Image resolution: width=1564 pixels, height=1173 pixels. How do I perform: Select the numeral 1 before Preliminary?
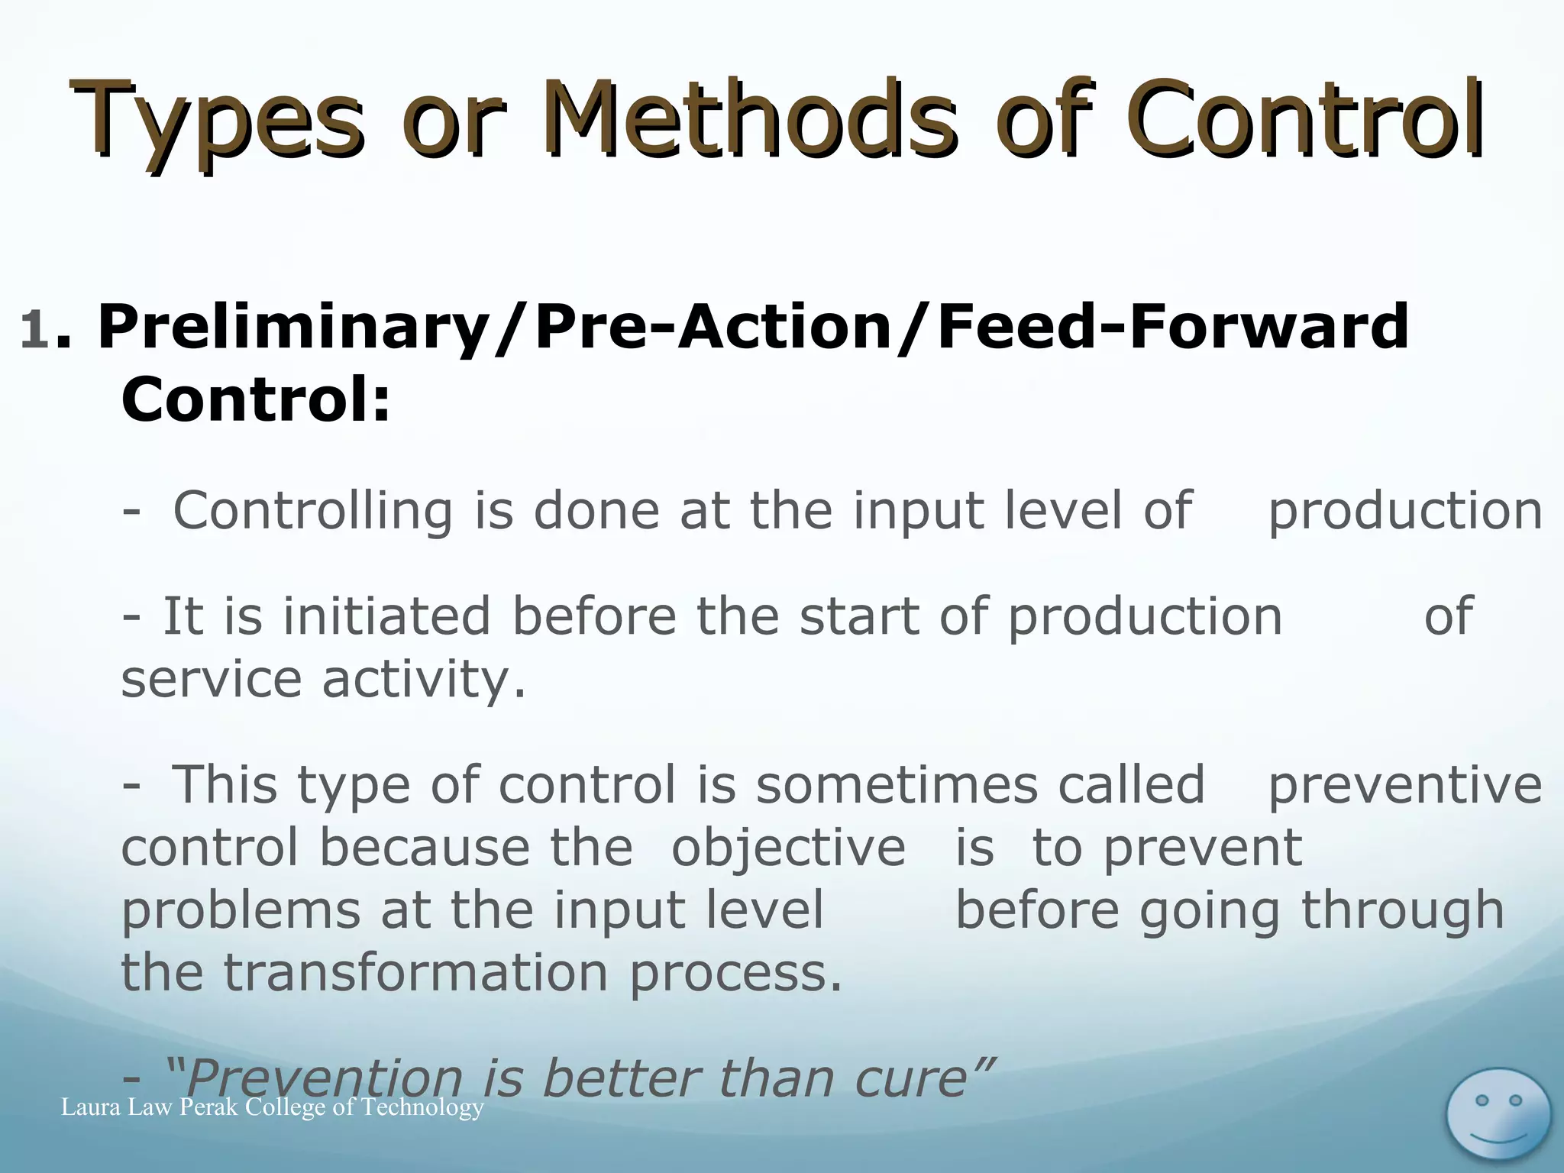pyautogui.click(x=35, y=330)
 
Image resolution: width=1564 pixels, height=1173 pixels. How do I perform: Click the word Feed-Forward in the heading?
pyautogui.click(x=1172, y=327)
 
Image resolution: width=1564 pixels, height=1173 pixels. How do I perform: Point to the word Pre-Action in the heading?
pyautogui.click(x=713, y=327)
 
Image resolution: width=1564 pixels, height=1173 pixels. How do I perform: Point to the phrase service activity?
pyautogui.click(x=324, y=679)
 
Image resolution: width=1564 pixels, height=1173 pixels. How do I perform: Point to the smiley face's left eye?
pyautogui.click(x=1482, y=1100)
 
